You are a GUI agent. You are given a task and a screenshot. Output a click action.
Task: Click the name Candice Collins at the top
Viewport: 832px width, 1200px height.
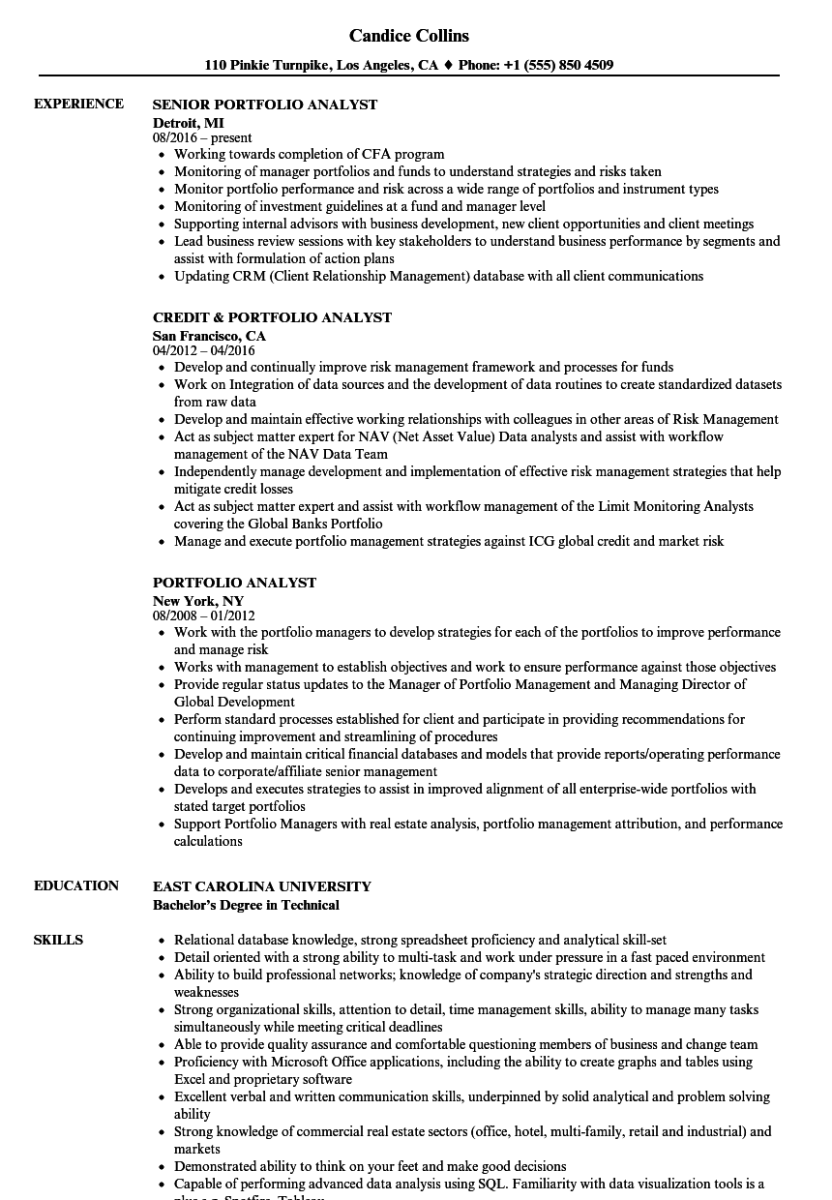tap(409, 36)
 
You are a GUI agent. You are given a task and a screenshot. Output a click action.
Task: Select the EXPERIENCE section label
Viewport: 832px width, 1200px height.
tap(78, 104)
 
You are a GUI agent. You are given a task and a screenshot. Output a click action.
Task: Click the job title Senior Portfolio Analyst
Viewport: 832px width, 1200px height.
tap(265, 105)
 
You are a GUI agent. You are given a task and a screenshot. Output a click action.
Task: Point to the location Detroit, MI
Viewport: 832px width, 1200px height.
tap(188, 123)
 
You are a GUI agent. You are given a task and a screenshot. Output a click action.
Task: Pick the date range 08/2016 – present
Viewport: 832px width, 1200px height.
tap(202, 138)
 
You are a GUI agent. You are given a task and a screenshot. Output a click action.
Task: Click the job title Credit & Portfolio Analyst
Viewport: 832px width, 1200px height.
tap(272, 317)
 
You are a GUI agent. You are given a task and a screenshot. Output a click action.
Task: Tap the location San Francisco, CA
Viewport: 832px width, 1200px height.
tap(209, 336)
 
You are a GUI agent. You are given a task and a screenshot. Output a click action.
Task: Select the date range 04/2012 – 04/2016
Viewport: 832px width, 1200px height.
tap(203, 350)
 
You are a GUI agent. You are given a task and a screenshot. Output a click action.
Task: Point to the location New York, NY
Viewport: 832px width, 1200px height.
tap(197, 601)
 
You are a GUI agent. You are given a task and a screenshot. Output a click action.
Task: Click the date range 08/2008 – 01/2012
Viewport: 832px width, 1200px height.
tap(203, 615)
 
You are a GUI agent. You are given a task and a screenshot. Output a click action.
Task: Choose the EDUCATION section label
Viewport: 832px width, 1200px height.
tap(76, 885)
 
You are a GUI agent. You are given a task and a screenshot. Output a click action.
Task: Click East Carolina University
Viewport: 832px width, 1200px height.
tap(261, 886)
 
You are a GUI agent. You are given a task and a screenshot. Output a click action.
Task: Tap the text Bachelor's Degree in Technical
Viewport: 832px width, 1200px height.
tap(246, 905)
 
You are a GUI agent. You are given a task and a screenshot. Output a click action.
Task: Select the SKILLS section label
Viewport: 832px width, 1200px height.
tap(58, 940)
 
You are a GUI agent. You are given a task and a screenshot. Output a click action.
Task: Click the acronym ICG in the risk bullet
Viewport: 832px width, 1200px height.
tap(543, 542)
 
